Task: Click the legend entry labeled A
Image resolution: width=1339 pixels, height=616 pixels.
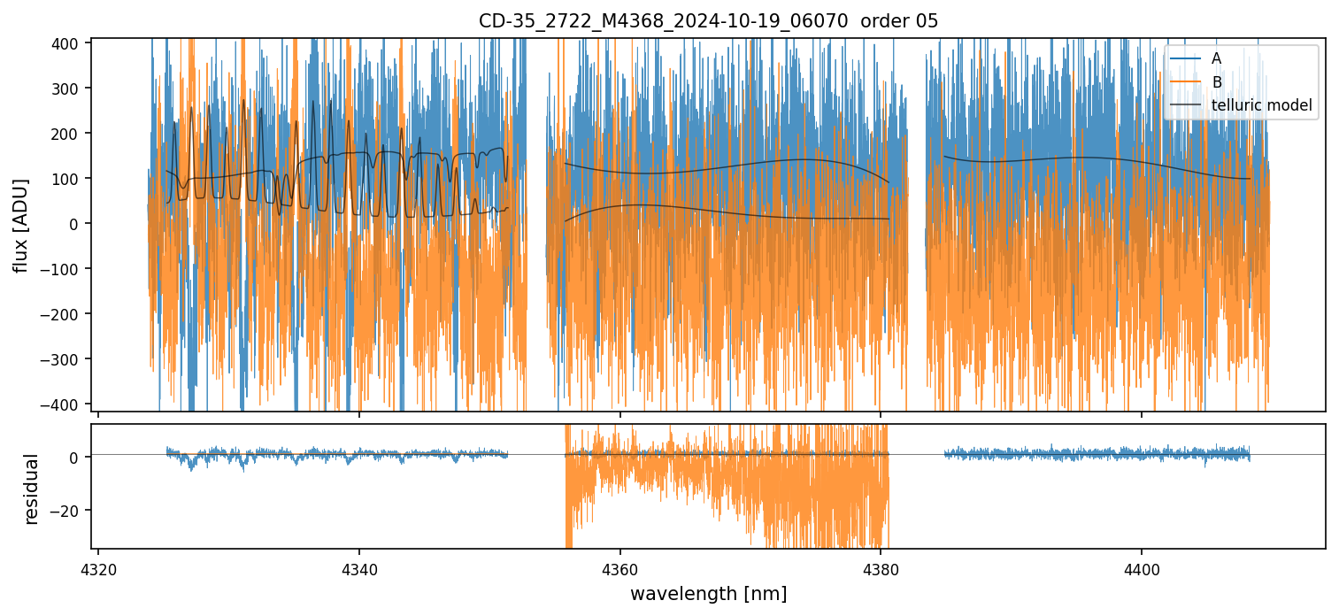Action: [1216, 58]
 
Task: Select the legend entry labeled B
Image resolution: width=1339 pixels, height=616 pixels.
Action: [1217, 82]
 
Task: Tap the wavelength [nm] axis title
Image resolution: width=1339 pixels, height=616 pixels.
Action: [708, 593]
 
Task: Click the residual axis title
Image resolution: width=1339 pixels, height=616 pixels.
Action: [32, 489]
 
